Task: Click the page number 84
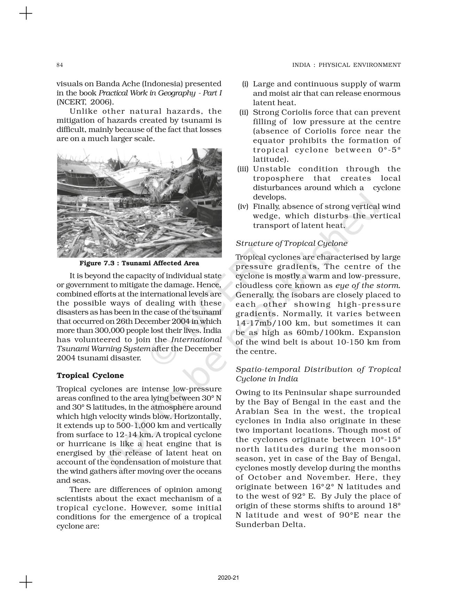tap(60, 65)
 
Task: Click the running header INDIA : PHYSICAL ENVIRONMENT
tap(346, 65)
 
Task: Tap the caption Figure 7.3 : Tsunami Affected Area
tap(139, 263)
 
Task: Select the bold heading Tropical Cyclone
tap(90, 375)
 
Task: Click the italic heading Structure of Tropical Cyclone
tap(291, 243)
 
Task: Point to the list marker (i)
tap(245, 84)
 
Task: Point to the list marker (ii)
tap(244, 112)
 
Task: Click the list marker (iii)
tap(243, 169)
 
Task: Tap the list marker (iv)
tap(243, 206)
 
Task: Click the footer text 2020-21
tap(228, 578)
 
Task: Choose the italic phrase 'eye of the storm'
tap(367, 285)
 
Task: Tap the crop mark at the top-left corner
tap(25, 14)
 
